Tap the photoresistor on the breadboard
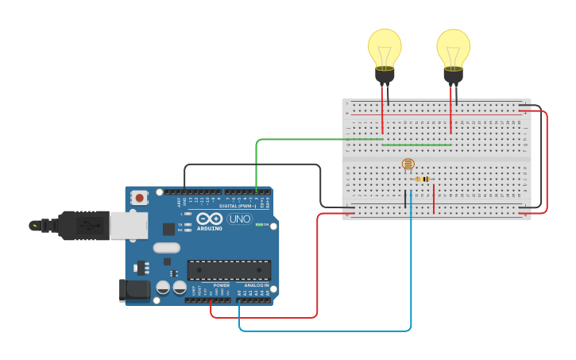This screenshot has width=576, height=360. pos(408,165)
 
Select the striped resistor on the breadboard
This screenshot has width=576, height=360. pos(423,180)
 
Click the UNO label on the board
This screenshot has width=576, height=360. pos(239,219)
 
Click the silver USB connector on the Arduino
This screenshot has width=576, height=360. pos(128,226)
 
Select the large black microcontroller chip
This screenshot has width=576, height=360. pos(229,270)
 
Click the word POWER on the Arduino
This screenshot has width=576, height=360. pos(222,285)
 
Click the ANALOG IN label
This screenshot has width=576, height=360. pos(256,285)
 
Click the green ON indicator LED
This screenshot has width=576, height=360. pos(258,225)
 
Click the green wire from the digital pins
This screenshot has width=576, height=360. pos(302,140)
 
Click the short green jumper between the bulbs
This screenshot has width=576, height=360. pos(416,145)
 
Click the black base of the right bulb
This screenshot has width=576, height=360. pos(453,75)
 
